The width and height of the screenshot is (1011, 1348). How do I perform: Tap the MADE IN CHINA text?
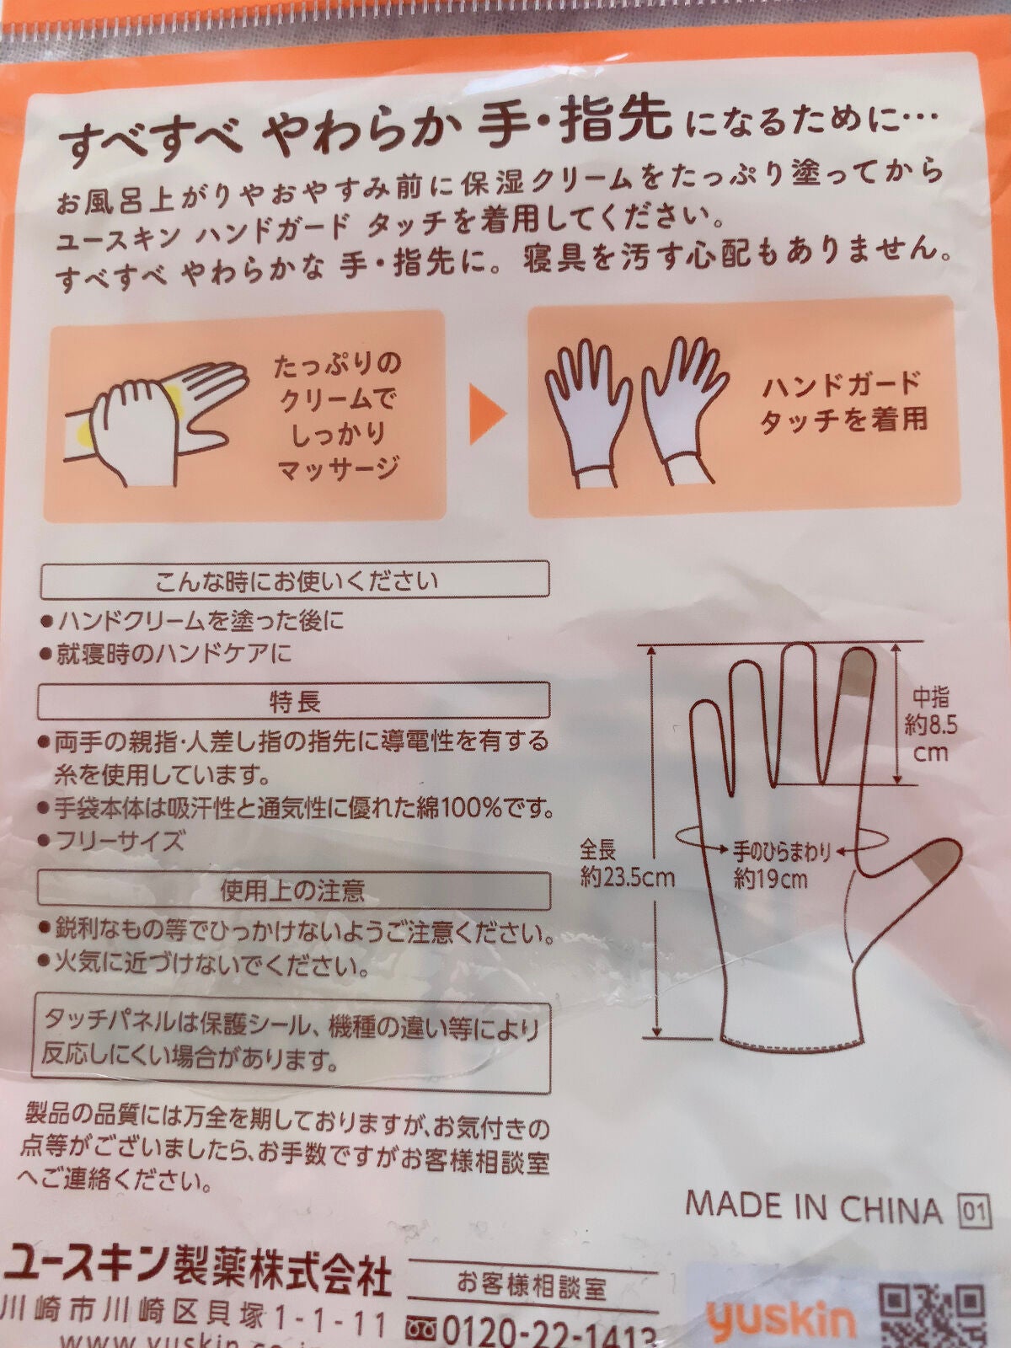(x=813, y=1207)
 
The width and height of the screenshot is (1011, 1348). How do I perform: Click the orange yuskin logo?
(x=780, y=1319)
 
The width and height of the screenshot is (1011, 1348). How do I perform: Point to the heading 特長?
(x=295, y=701)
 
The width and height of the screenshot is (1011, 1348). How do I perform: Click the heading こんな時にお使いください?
(x=297, y=580)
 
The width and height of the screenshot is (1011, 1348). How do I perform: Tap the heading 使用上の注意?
(x=292, y=891)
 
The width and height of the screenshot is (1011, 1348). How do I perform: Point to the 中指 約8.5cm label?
(x=930, y=725)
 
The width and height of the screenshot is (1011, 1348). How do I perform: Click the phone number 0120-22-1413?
(x=543, y=1333)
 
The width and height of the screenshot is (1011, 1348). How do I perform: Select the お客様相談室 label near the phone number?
(x=531, y=1285)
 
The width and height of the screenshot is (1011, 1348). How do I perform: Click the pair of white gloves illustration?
(x=632, y=413)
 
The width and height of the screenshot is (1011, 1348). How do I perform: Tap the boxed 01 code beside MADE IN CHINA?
(x=972, y=1212)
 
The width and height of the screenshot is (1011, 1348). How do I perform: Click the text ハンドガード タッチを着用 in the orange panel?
(x=842, y=402)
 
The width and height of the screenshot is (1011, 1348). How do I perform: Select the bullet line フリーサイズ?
(x=118, y=840)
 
